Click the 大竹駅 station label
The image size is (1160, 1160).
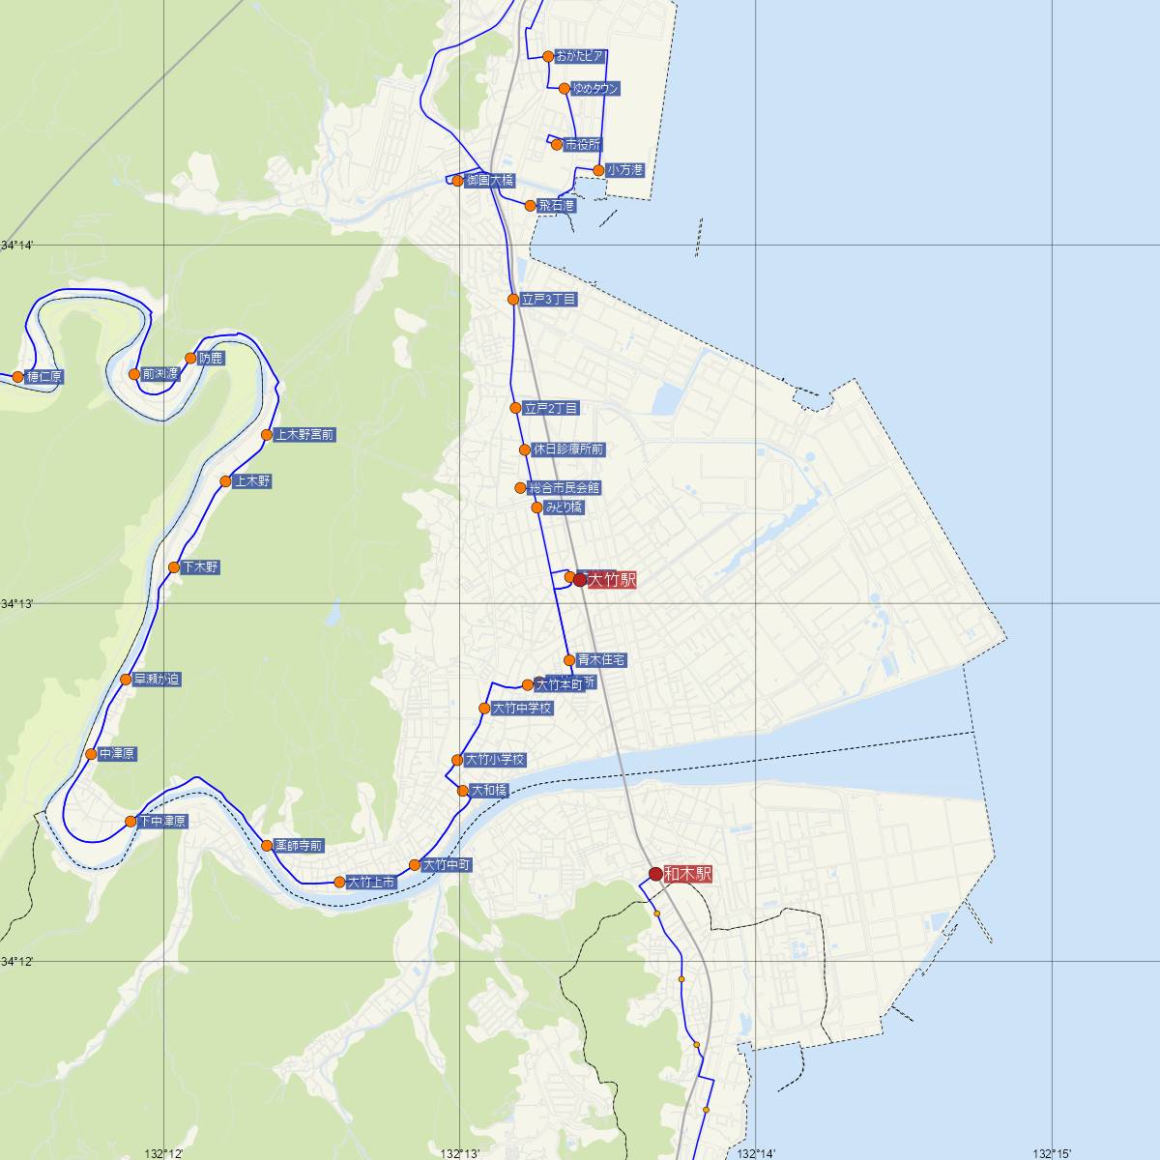coord(612,580)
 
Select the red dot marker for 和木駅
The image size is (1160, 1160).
coord(655,874)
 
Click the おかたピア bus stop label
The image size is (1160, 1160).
coord(581,56)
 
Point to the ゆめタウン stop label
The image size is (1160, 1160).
coord(594,89)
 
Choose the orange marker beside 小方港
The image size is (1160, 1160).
coord(598,170)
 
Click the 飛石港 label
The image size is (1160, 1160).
coord(557,206)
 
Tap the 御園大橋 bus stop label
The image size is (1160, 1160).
coord(489,181)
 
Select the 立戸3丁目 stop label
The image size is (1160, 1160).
coord(549,300)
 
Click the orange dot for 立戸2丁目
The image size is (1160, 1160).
coord(515,408)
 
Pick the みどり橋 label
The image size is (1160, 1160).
coord(564,507)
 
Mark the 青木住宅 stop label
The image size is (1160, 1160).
coord(602,660)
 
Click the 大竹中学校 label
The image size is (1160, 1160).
coord(522,709)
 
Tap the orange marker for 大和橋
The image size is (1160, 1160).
coord(463,791)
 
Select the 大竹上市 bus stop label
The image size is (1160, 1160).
coord(371,883)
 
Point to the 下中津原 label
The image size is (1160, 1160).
coord(162,822)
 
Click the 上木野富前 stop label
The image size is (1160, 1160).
coord(304,435)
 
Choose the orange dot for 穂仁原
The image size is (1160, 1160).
coord(17,376)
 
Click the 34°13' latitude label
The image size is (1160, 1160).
coord(17,603)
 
